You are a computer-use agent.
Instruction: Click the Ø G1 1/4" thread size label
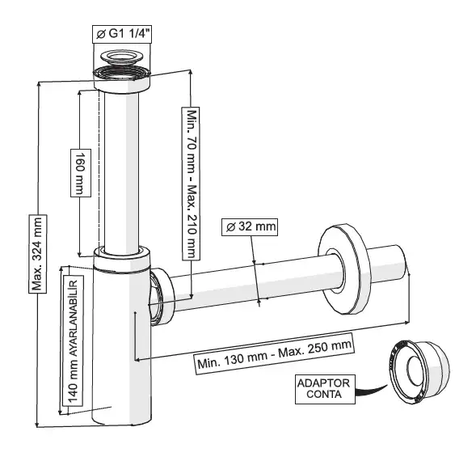122,34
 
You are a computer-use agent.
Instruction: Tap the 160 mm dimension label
81,173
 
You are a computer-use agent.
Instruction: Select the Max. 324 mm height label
38,254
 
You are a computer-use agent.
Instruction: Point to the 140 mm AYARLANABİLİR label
73,340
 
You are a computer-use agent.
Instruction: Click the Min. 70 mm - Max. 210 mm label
191,184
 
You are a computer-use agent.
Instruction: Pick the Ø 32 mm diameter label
250,226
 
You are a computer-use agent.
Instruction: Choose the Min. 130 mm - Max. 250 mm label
275,354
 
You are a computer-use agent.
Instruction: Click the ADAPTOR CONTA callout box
325,389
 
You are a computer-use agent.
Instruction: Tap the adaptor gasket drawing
419,372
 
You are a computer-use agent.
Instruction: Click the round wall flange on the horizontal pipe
345,269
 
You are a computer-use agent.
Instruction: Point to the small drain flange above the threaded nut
122,57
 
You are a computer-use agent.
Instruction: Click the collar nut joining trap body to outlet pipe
162,297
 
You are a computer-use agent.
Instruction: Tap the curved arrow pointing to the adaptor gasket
371,391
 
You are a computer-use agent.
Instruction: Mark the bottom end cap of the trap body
121,418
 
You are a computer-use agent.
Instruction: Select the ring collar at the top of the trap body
121,258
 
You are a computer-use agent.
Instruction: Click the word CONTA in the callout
324,395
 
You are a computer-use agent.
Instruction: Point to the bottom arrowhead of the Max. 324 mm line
37,425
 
